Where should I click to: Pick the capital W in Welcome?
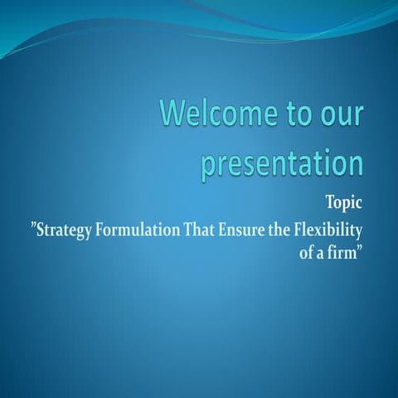pos(172,114)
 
